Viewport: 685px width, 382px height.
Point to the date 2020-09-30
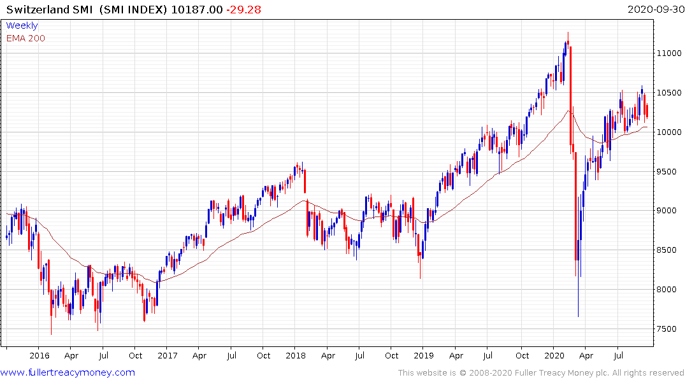coord(654,10)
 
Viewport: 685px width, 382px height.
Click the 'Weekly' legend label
coord(22,25)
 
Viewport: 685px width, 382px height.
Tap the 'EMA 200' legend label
coord(25,38)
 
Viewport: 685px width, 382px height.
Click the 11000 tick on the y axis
coord(669,53)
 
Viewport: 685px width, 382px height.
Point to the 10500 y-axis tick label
coord(669,93)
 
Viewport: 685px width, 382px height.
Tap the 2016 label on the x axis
coord(40,356)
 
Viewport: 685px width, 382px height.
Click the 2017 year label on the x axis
coord(167,356)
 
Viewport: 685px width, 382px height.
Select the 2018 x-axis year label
coord(295,356)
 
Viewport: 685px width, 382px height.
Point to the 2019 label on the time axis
coord(423,356)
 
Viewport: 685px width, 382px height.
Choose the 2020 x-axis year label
coord(553,356)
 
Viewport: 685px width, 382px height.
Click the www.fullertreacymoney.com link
coord(68,373)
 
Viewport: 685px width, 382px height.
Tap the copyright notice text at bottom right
coord(541,373)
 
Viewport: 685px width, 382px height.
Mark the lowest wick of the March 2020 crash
coord(578,315)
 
